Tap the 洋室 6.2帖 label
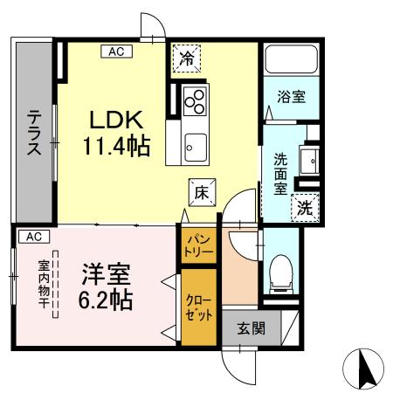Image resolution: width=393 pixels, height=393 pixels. click(x=107, y=288)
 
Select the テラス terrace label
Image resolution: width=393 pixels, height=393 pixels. click(x=34, y=130)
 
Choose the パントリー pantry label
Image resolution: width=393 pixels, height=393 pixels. click(x=196, y=245)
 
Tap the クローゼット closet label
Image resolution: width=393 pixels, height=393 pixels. click(x=198, y=306)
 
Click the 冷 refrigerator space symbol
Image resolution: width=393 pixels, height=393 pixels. click(x=187, y=59)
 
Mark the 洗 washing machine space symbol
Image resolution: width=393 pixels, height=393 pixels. click(x=304, y=208)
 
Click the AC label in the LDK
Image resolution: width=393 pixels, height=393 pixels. click(x=117, y=52)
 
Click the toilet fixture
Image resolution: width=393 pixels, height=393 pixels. click(x=280, y=273)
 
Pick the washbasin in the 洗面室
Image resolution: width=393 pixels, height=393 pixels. click(x=307, y=162)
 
